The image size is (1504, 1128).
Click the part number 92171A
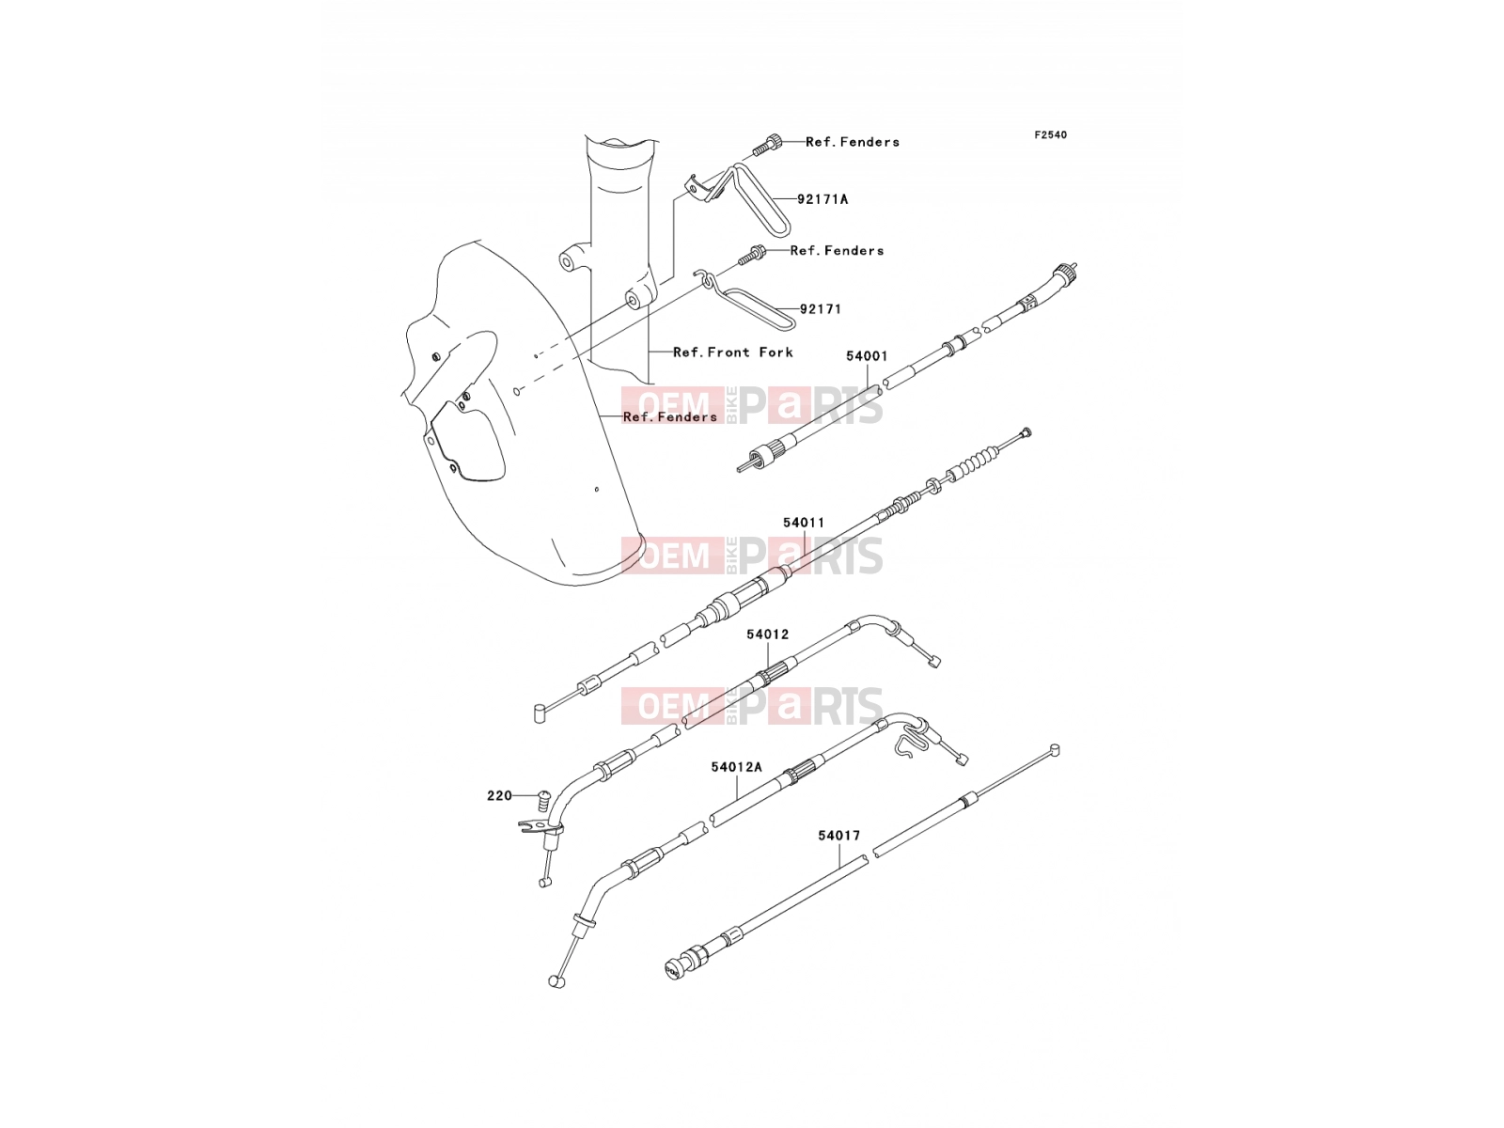(822, 199)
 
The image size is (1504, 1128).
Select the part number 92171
(821, 309)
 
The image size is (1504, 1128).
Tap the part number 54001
(866, 356)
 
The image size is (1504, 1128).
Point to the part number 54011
(804, 523)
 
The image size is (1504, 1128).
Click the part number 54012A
(736, 767)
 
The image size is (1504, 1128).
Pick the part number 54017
(838, 836)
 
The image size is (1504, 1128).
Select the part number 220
(499, 795)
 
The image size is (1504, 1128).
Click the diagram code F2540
(1050, 135)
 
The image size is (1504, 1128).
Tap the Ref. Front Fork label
(732, 352)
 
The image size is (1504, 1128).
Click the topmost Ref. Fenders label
(853, 142)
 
